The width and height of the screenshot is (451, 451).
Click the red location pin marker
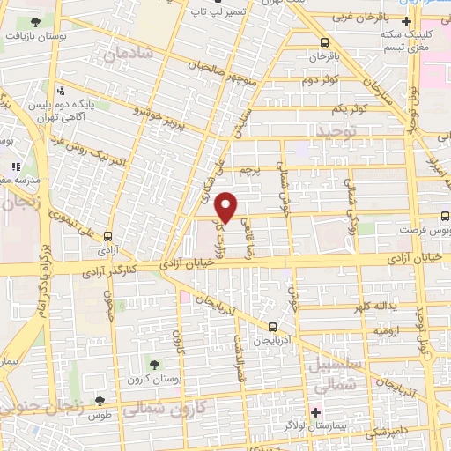[x=226, y=207]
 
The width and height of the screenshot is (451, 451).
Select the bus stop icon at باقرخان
[x=325, y=41]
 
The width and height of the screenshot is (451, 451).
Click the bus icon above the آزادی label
[x=107, y=236]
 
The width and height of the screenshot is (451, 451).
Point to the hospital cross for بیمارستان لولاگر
[x=314, y=412]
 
